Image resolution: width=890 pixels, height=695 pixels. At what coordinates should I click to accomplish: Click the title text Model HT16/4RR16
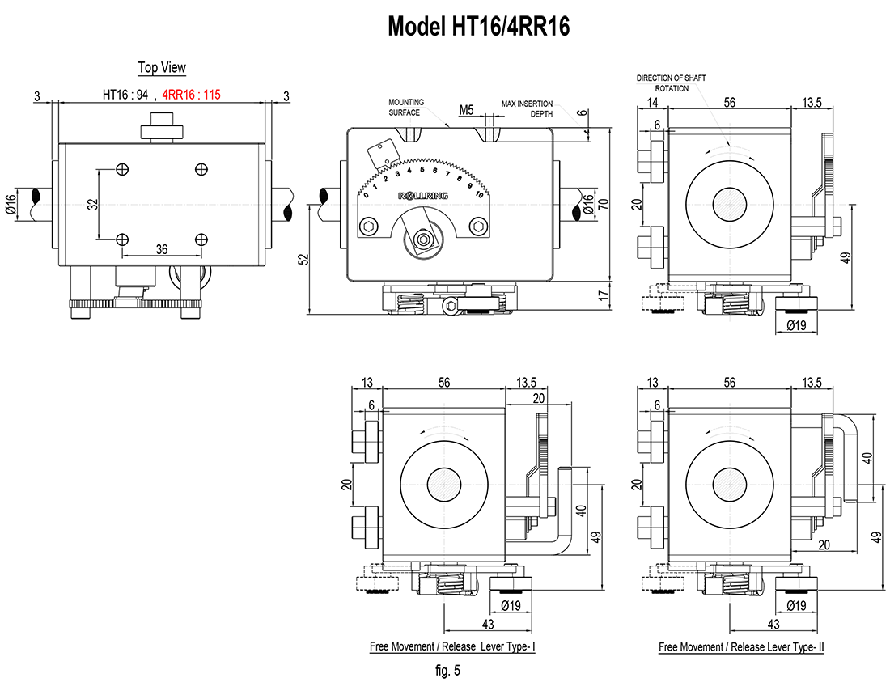[478, 26]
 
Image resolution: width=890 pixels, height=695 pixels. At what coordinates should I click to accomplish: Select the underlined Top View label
[162, 68]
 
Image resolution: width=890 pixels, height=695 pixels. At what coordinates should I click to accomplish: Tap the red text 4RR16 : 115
[191, 95]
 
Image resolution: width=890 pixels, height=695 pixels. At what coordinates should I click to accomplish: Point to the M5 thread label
[466, 109]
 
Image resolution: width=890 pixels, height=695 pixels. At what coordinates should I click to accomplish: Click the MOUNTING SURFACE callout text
[406, 108]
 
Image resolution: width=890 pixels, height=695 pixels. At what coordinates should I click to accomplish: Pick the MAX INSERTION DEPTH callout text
[527, 108]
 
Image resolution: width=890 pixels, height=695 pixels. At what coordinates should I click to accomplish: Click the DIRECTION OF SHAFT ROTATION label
[671, 83]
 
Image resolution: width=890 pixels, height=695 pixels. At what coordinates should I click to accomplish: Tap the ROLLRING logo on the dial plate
[423, 196]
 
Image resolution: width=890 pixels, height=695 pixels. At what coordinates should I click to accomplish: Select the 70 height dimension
[604, 203]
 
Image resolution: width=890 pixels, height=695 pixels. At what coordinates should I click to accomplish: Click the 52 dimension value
[304, 259]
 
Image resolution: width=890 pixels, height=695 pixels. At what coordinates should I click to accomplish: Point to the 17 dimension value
[604, 295]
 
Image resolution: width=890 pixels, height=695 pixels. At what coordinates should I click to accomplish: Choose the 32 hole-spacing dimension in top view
[93, 204]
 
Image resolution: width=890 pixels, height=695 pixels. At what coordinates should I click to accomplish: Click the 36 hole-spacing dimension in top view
[162, 249]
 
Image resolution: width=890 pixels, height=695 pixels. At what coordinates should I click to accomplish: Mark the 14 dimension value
[652, 102]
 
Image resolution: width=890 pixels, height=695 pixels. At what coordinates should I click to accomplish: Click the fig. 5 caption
[448, 671]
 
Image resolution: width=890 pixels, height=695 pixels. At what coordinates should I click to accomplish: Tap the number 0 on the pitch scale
[366, 195]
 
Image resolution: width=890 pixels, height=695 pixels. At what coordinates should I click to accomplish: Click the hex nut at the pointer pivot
[422, 239]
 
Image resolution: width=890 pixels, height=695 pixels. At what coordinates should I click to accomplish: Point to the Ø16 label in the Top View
[11, 204]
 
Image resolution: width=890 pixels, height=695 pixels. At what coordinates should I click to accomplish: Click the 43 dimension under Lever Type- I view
[488, 624]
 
